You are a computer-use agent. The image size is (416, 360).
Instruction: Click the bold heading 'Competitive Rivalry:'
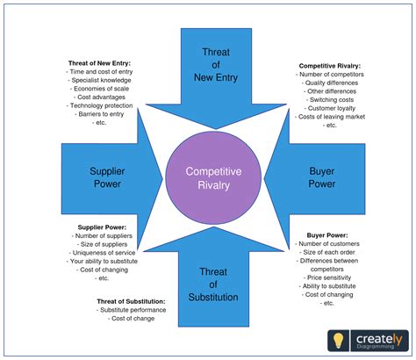click(x=330, y=66)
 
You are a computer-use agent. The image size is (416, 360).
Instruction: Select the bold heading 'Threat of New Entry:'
click(x=103, y=63)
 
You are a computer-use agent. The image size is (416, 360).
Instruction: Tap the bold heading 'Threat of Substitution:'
click(x=132, y=301)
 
